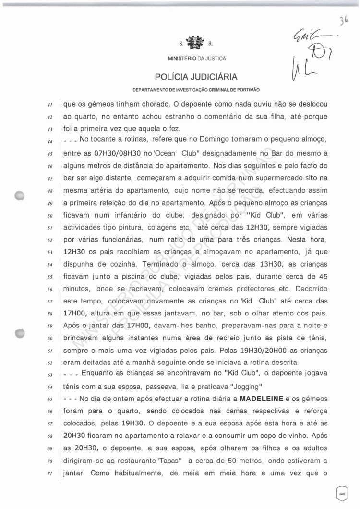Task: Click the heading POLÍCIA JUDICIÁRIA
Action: [x=196, y=77]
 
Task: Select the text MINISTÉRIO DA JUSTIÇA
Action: [x=197, y=59]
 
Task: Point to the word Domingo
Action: [x=199, y=140]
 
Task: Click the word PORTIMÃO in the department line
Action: [x=246, y=90]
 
